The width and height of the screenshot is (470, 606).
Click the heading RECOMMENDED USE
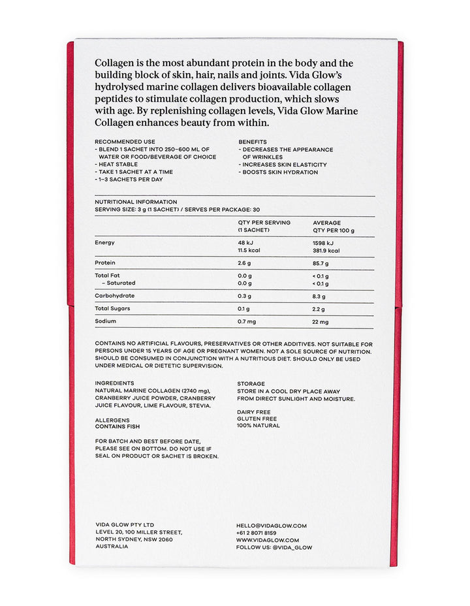(x=125, y=142)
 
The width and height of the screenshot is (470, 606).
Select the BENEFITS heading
(x=253, y=142)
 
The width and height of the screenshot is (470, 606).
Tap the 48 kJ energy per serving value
(x=245, y=242)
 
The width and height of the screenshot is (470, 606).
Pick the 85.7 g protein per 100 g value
(x=321, y=263)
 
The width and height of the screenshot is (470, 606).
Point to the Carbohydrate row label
(x=114, y=296)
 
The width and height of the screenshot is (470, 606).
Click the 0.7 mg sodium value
(x=247, y=322)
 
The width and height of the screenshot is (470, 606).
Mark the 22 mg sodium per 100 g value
(x=321, y=322)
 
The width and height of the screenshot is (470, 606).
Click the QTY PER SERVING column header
(x=264, y=223)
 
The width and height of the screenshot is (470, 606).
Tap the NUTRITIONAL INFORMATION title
(x=136, y=202)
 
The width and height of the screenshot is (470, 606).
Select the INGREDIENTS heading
(x=114, y=383)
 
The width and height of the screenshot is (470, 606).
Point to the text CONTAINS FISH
(x=117, y=427)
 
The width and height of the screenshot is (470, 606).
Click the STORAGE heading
(x=251, y=384)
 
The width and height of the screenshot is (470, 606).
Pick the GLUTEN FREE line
(x=257, y=419)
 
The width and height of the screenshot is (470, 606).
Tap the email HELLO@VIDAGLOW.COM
(x=271, y=525)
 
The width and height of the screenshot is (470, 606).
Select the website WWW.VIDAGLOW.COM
(x=268, y=540)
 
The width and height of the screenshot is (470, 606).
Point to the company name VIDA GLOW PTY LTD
(x=125, y=525)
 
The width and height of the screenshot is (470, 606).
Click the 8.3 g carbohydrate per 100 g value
(x=319, y=296)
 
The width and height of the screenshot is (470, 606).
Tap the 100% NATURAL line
(x=258, y=426)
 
